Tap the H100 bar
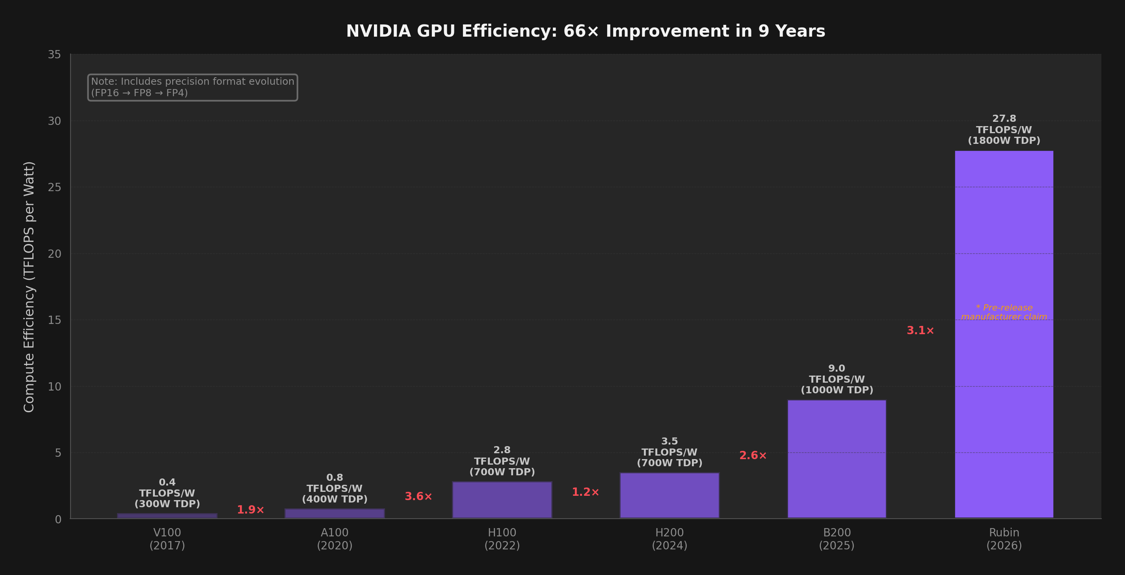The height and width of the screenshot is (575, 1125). pos(502,500)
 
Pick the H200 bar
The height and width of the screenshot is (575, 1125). pos(669,495)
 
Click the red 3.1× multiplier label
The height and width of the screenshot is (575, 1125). pos(920,330)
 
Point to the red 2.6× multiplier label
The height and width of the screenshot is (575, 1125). pos(753,455)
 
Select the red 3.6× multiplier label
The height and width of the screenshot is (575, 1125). pos(418,496)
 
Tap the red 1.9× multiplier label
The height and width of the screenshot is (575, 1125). pos(250,510)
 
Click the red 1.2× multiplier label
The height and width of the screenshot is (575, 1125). pos(585,492)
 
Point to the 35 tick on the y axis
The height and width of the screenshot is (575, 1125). pos(55,55)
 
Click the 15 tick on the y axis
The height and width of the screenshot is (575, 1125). pos(55,320)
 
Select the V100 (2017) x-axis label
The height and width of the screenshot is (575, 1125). pos(167,539)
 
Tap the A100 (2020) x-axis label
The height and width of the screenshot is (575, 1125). pos(335,539)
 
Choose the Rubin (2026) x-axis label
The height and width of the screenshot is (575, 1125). pos(1004,539)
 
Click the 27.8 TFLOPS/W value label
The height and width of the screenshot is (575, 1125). pos(1004,129)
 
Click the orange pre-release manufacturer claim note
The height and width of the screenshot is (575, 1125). pos(1004,312)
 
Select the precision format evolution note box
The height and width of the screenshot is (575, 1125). pos(193,87)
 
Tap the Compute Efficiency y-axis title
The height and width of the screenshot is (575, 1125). pos(29,287)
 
